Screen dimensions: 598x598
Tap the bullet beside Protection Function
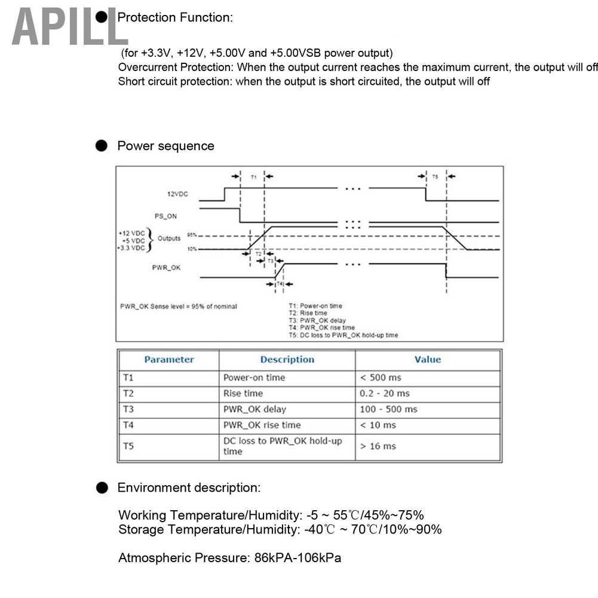pos(103,17)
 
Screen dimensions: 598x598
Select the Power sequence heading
pos(165,146)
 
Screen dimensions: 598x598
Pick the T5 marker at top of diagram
pos(435,177)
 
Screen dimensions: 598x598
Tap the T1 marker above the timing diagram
pos(253,177)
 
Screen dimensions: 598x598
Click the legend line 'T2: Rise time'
pos(308,313)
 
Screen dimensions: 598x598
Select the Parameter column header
pos(169,360)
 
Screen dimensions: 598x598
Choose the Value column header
pos(427,360)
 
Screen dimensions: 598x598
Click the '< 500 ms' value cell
pos(381,378)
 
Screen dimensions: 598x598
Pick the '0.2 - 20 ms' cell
pos(384,393)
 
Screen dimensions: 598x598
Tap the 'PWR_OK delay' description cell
pos(254,409)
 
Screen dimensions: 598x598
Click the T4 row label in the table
pos(128,425)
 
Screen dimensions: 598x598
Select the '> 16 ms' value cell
pos(378,446)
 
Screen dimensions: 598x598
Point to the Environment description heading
pos(189,487)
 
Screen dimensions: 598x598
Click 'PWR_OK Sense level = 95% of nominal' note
pos(179,306)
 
